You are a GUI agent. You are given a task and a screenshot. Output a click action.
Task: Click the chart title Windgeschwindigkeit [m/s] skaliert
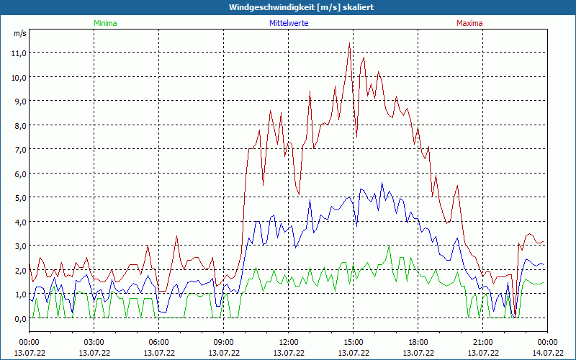[x=302, y=7]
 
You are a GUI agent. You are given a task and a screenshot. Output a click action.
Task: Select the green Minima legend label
[x=105, y=23]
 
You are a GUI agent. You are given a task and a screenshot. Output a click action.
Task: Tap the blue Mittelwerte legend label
[x=289, y=23]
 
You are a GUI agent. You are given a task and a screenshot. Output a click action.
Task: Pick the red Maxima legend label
[x=469, y=23]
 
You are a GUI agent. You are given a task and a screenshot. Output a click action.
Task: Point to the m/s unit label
[x=19, y=33]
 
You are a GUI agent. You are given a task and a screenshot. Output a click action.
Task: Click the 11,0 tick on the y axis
[x=19, y=53]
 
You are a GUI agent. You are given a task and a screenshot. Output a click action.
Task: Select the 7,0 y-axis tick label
[x=19, y=149]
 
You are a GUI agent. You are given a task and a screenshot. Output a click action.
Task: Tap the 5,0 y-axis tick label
[x=19, y=197]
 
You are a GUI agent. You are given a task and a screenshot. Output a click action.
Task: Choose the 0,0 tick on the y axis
[x=19, y=318]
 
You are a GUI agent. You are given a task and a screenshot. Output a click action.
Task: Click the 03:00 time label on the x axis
[x=94, y=342]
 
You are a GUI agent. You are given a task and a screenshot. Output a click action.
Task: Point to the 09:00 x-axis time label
[x=224, y=342]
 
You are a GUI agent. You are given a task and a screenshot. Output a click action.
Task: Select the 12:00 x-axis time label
[x=289, y=342]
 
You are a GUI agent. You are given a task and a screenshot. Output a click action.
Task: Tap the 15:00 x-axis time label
[x=354, y=342]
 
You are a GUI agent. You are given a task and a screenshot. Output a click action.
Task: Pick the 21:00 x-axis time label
[x=483, y=342]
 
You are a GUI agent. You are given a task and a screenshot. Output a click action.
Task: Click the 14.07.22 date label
[x=547, y=353]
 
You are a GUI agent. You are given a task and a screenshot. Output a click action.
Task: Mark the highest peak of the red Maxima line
[x=349, y=43]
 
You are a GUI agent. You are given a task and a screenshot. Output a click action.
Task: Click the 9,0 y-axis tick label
[x=19, y=101]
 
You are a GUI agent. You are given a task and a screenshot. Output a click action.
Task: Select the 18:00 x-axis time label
[x=418, y=342]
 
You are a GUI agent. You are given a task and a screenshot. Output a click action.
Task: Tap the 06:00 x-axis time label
[x=159, y=342]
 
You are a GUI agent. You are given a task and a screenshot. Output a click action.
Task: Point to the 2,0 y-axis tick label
[x=19, y=270]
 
